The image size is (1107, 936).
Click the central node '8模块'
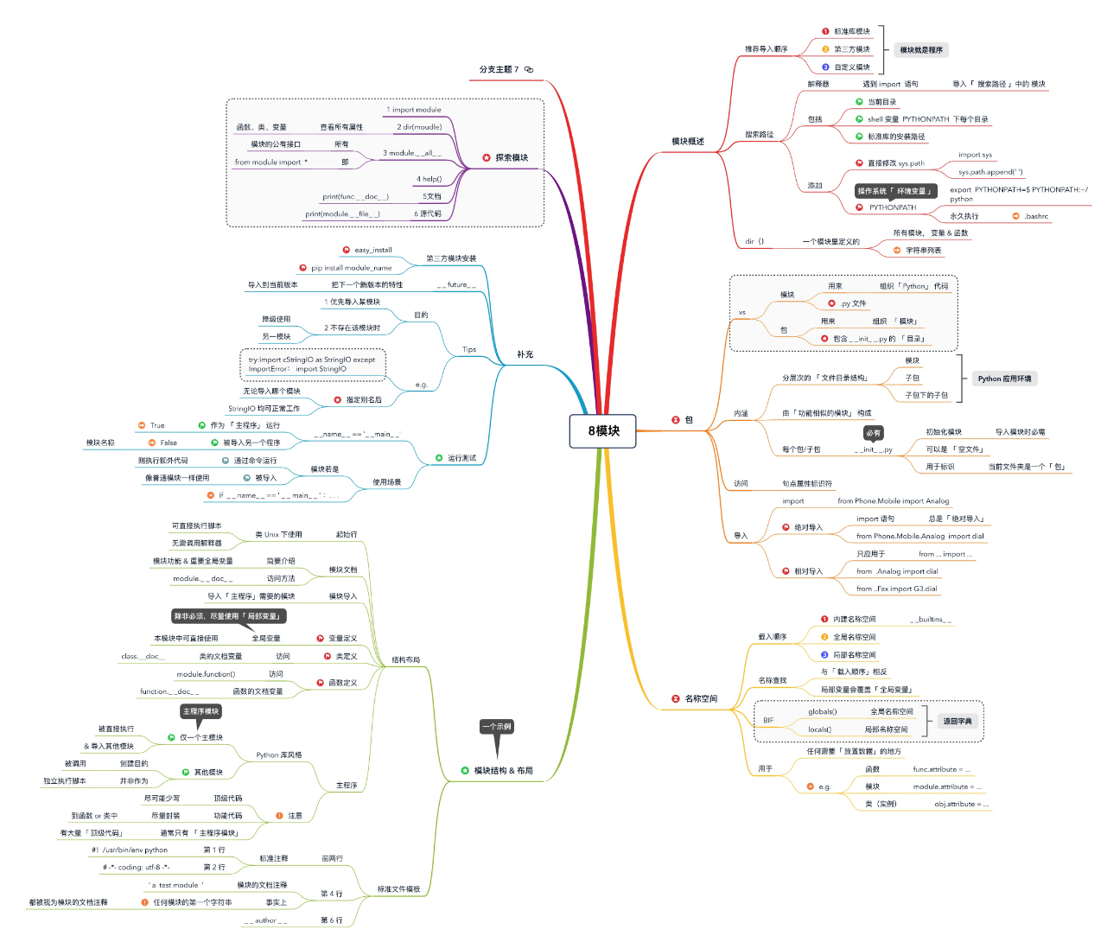[603, 431]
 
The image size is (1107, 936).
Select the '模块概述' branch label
[688, 142]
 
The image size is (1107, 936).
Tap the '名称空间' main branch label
[701, 698]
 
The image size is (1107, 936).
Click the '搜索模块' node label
[512, 158]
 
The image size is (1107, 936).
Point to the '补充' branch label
[525, 355]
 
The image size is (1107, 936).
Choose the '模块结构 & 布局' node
[503, 771]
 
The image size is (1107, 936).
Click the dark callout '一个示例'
[497, 727]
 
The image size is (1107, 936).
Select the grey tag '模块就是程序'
[921, 50]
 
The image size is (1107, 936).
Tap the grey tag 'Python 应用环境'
[1004, 379]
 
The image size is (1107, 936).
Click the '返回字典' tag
[957, 721]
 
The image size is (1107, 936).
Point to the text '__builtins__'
[931, 620]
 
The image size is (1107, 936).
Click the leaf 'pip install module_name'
[351, 268]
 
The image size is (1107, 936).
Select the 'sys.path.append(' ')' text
[990, 172]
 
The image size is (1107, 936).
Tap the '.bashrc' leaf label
[1036, 216]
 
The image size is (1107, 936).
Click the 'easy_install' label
[373, 251]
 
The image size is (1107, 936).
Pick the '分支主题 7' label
[499, 70]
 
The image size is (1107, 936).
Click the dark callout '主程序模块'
[201, 711]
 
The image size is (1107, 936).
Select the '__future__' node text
[456, 285]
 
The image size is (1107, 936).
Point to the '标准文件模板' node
[398, 889]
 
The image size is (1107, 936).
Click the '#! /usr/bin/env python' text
[130, 850]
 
